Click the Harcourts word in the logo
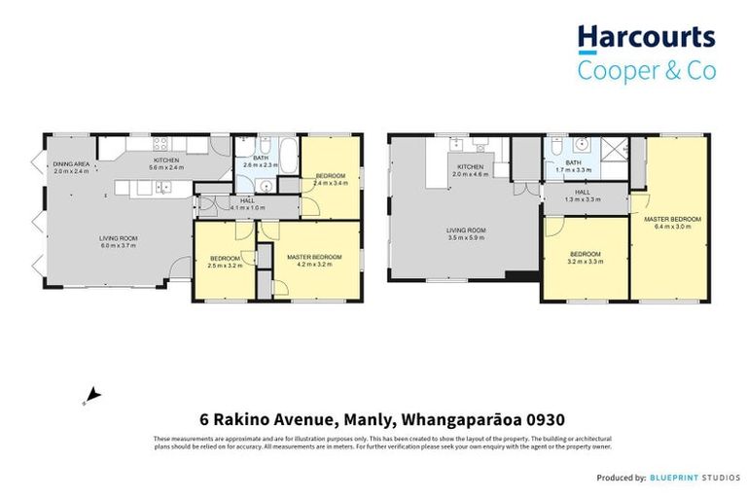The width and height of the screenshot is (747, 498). [x=646, y=39]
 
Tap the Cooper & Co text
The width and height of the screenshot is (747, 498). [x=646, y=71]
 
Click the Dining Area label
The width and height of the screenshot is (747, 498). [x=72, y=167]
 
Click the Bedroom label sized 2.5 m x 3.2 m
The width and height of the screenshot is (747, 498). [x=225, y=262]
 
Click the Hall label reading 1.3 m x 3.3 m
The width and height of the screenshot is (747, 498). [x=582, y=196]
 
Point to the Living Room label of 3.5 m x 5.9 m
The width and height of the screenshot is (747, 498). [x=466, y=233]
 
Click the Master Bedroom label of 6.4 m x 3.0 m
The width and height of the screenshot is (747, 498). [x=672, y=223]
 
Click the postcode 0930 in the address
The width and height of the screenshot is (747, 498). [x=535, y=420]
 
